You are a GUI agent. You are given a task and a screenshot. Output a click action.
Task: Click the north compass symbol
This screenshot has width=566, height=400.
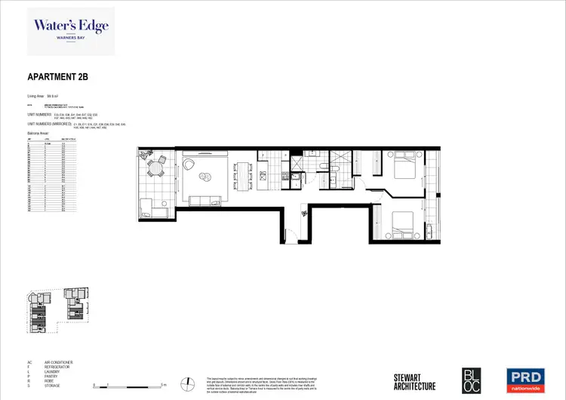click(x=186, y=383)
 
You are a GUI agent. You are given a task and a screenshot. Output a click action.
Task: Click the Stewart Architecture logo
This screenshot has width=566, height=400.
click(x=414, y=381)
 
